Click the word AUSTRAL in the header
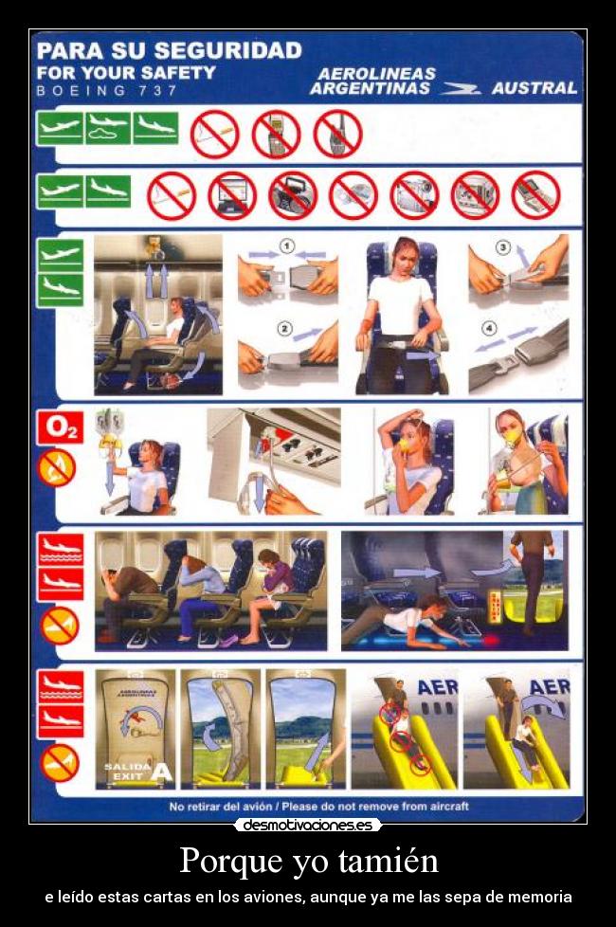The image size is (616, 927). [x=534, y=88]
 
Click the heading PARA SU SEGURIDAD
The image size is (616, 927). [x=169, y=50]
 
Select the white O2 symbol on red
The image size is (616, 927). [x=59, y=428]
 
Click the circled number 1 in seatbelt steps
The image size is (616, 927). [x=285, y=246]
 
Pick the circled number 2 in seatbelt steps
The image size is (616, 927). [x=284, y=329]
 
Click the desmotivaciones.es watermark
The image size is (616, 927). [x=307, y=825]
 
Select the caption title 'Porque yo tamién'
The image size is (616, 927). [x=308, y=861]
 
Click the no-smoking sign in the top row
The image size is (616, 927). [x=214, y=134]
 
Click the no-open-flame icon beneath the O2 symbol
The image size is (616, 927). [x=58, y=466]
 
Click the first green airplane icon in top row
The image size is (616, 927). [x=60, y=128]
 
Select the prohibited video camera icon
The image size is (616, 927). [x=414, y=193]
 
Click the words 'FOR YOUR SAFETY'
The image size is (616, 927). [x=126, y=72]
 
